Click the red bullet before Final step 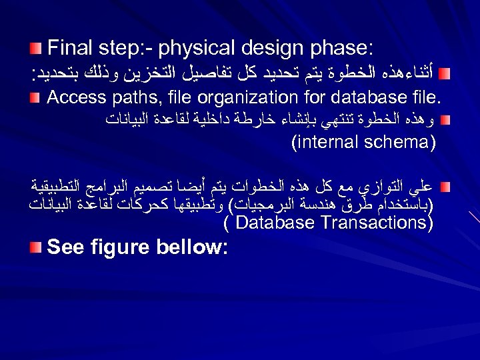point(37,49)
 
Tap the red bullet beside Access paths point(37,98)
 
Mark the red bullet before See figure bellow point(37,248)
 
